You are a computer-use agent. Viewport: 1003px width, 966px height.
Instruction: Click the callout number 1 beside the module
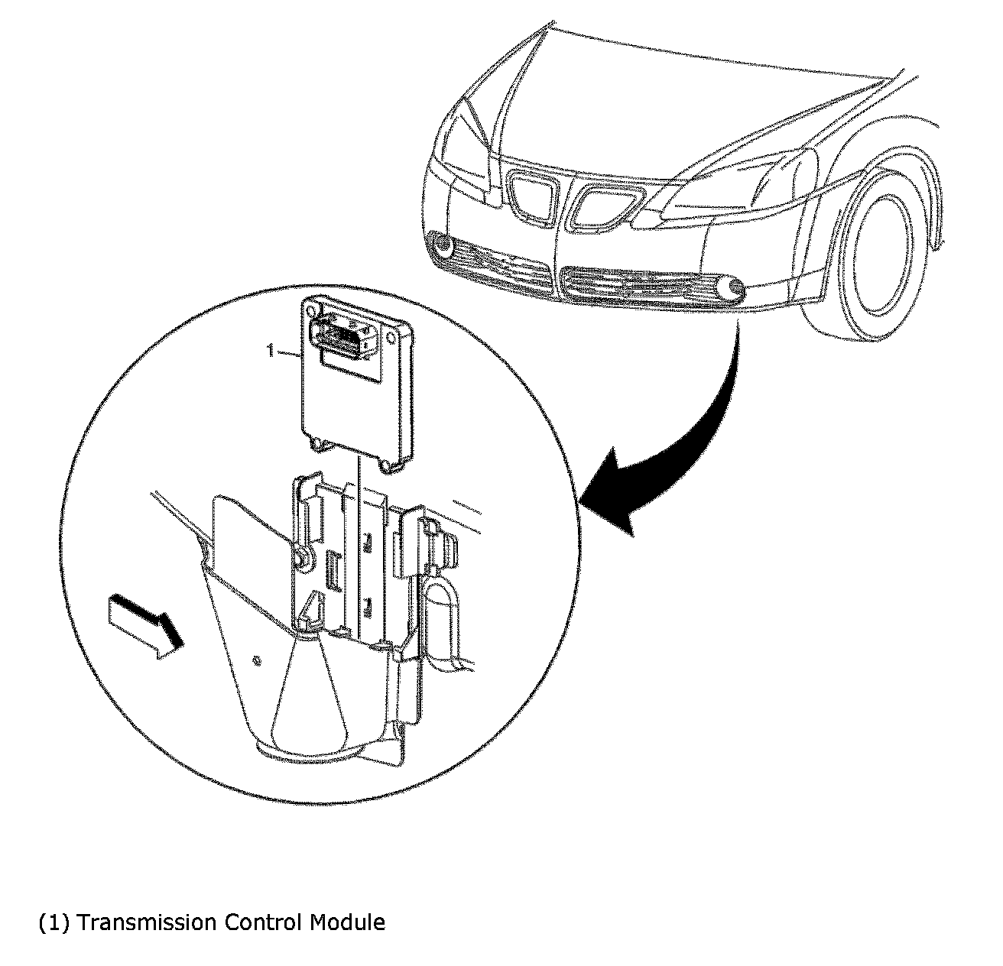tap(269, 351)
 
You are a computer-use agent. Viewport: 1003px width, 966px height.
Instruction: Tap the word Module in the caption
tap(347, 922)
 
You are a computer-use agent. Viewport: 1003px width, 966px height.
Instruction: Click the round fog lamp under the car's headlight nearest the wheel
tap(735, 289)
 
